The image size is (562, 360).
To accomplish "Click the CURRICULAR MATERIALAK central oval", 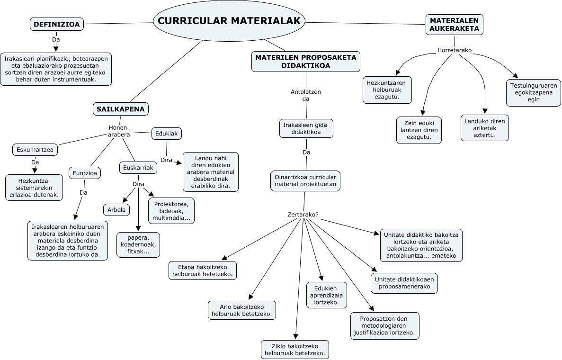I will (x=229, y=21).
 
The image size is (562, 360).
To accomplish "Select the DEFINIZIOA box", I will (x=57, y=24).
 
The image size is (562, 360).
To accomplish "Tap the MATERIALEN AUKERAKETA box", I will (x=454, y=24).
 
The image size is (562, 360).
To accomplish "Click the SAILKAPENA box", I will (x=121, y=109).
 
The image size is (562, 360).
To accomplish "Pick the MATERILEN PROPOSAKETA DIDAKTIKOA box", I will (x=306, y=62).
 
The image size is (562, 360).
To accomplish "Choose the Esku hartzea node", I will (x=35, y=150).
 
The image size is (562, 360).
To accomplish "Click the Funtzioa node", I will (x=85, y=173).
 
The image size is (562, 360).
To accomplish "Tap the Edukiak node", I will (x=167, y=134).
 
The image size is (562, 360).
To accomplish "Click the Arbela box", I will (x=116, y=209).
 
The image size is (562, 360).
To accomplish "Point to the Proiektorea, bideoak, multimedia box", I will (x=171, y=211).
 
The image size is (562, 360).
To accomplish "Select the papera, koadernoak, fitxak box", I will (x=138, y=245).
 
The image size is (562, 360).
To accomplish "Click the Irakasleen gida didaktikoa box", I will (x=305, y=128).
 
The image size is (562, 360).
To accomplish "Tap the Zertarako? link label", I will (x=303, y=215).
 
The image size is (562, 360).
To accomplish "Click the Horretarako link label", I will (x=455, y=50).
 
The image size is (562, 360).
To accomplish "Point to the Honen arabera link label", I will (x=119, y=131).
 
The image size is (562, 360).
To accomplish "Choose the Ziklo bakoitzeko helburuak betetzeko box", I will (x=294, y=349).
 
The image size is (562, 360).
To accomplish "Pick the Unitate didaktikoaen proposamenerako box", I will (x=404, y=283).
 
